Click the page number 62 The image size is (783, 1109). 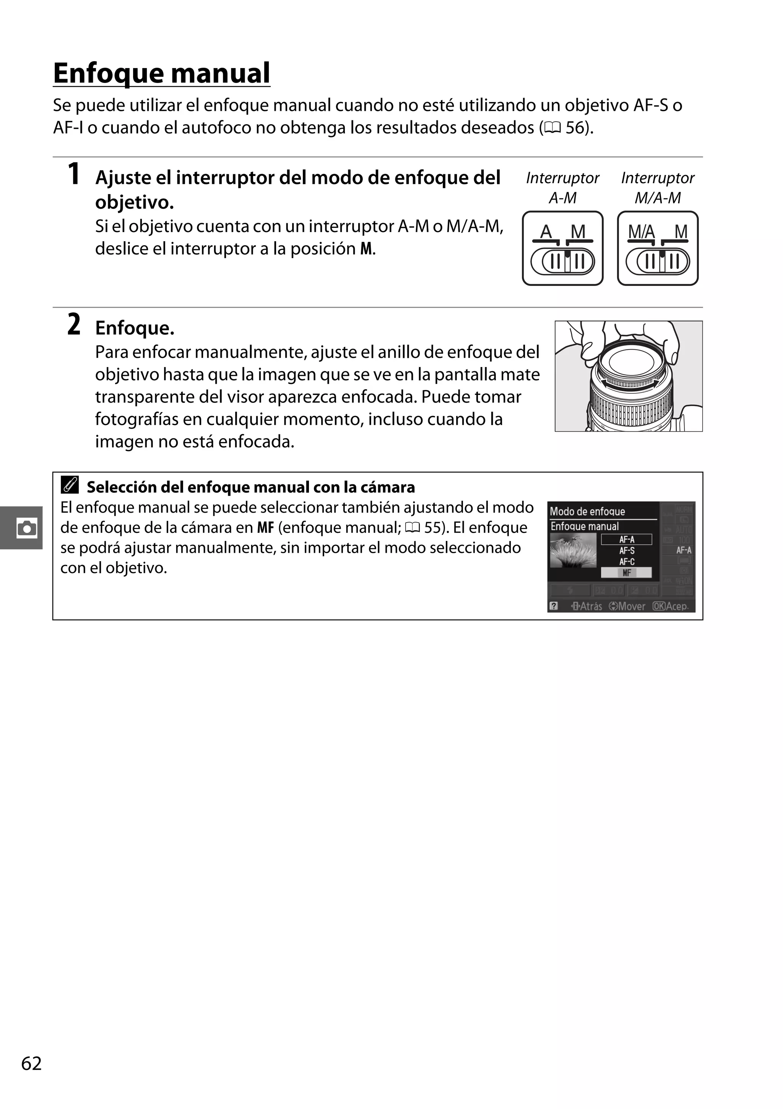click(x=31, y=1063)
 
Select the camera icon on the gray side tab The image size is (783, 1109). click(x=26, y=528)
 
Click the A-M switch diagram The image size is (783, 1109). click(x=562, y=248)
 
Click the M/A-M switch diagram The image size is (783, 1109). click(x=658, y=248)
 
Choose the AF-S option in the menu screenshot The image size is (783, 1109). click(x=627, y=550)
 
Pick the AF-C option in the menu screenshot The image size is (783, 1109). click(x=627, y=562)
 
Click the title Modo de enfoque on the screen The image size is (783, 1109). click(x=587, y=511)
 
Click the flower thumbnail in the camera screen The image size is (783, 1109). click(x=573, y=550)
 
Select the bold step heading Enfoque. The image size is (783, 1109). click(x=134, y=328)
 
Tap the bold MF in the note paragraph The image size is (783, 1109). click(x=265, y=528)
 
